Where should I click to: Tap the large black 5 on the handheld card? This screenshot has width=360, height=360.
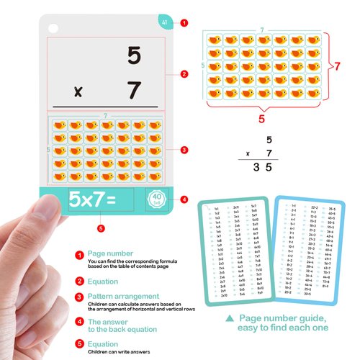tap(133, 56)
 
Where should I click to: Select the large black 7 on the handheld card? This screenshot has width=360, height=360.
tap(133, 91)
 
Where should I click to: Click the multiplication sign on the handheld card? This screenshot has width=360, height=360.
tap(78, 94)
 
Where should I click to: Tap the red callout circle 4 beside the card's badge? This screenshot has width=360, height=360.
tap(184, 199)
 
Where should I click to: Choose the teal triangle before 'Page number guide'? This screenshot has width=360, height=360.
tap(228, 318)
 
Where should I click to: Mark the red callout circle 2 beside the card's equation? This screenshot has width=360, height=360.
tap(184, 73)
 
